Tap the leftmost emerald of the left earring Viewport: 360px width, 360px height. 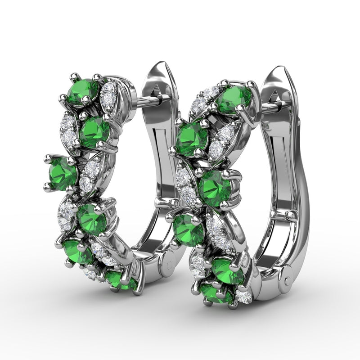pyautogui.click(x=62, y=173)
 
